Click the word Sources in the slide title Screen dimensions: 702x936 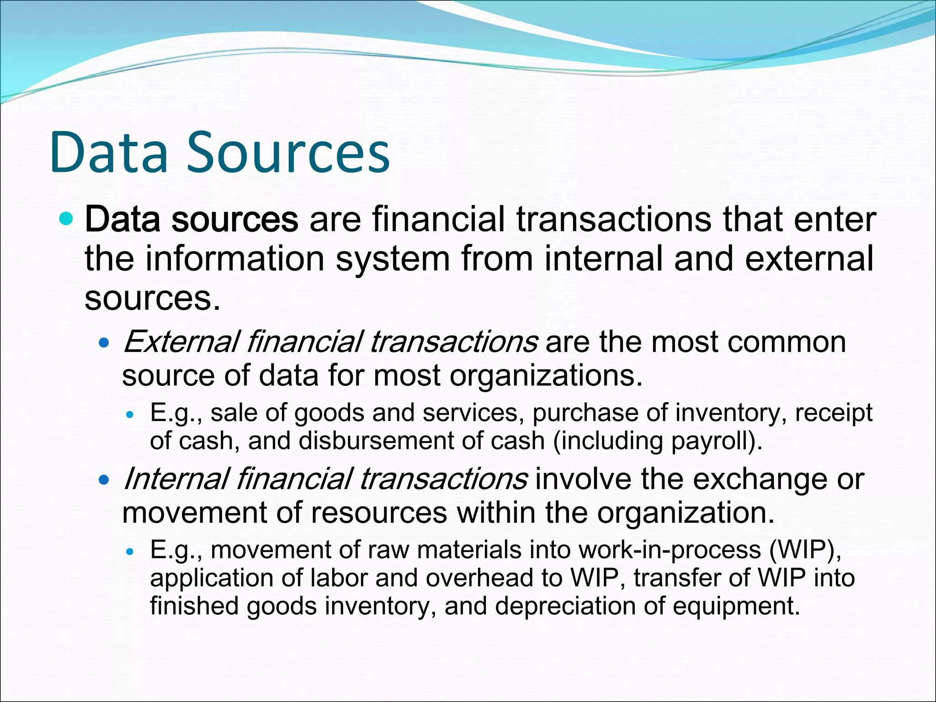(x=288, y=153)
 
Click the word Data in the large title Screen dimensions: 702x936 (x=110, y=153)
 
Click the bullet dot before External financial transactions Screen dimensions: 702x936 (x=105, y=342)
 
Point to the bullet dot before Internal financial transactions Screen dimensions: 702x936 (x=105, y=480)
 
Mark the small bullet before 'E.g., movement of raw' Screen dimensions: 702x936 (x=131, y=552)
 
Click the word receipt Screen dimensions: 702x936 (x=834, y=413)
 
